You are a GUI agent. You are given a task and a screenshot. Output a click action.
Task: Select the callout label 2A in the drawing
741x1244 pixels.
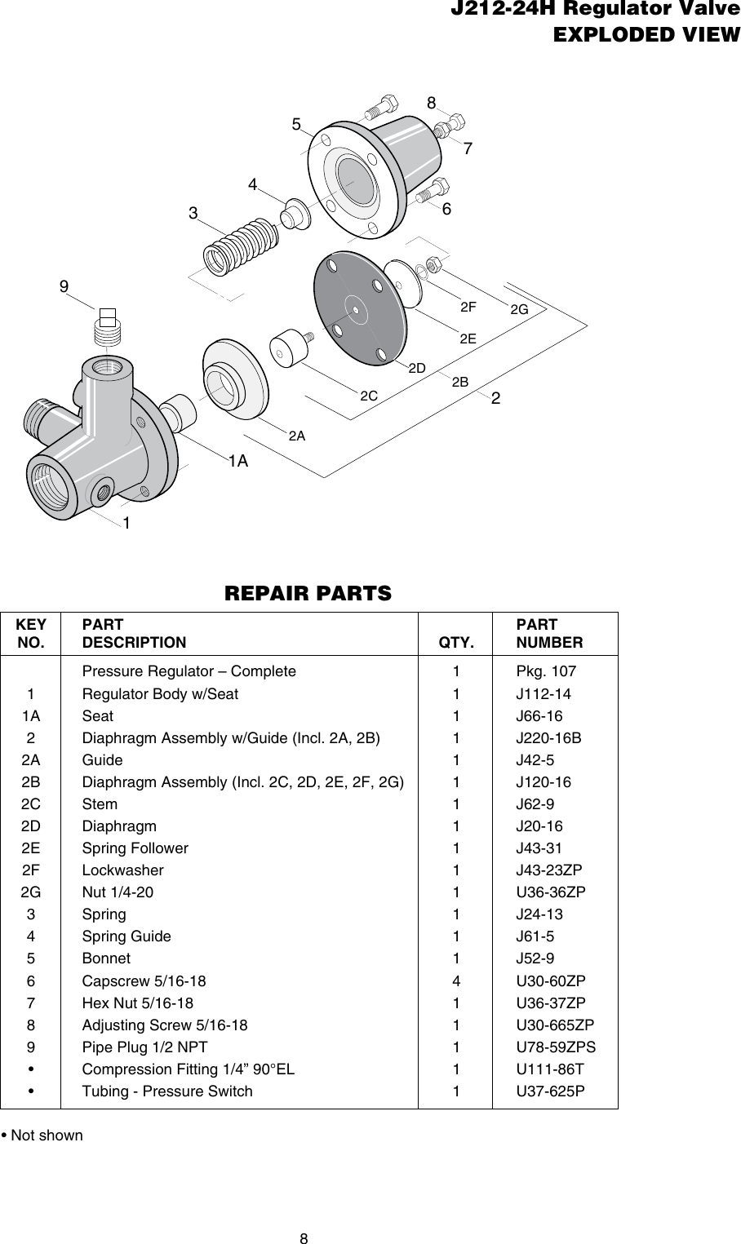coord(297,436)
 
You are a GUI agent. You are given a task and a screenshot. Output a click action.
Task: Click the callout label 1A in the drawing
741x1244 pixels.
coord(237,462)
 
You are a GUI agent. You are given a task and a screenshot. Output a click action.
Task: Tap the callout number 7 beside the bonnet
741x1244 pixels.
coord(468,149)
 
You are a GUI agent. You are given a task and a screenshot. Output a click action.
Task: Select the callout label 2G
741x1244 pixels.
coord(519,310)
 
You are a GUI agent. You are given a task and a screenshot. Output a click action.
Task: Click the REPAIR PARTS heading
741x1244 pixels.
coord(308,592)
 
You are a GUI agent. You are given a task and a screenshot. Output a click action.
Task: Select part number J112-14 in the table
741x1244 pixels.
coord(544,694)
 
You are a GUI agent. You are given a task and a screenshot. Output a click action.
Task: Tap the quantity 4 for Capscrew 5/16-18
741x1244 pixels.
coord(455,981)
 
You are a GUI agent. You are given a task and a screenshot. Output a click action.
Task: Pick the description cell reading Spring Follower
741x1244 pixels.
coord(135,848)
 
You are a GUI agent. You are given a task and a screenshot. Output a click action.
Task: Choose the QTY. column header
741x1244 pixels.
coord(455,643)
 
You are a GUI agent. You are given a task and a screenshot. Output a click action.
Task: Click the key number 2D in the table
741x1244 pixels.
coord(31,826)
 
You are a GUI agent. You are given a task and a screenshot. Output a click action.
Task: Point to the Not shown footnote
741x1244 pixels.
coord(42,1136)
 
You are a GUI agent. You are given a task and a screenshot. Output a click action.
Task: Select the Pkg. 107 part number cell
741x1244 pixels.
coord(546,672)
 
